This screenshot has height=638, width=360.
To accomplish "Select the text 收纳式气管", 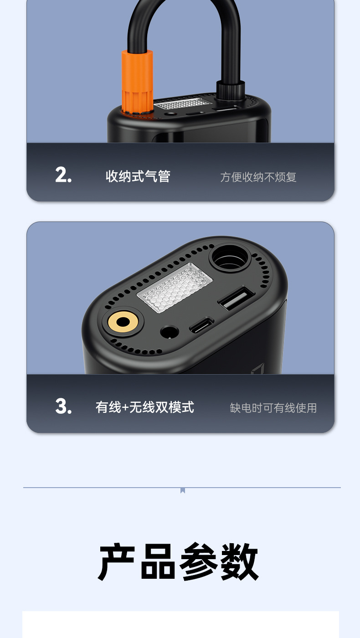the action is pyautogui.click(x=138, y=176).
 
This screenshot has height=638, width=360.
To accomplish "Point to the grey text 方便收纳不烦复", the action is pyautogui.click(x=258, y=177).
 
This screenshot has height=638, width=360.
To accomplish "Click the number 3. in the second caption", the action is pyautogui.click(x=63, y=406).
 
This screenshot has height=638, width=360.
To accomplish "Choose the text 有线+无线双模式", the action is pyautogui.click(x=145, y=407).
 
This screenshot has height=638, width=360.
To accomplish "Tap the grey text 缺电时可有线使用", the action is pyautogui.click(x=273, y=408).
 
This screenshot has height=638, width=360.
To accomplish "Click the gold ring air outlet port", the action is pyautogui.click(x=123, y=322).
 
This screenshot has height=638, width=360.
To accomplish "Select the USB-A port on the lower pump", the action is pyautogui.click(x=237, y=298).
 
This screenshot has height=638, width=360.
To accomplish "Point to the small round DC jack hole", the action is pyautogui.click(x=170, y=332).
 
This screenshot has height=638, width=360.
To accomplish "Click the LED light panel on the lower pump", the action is pyautogui.click(x=175, y=287).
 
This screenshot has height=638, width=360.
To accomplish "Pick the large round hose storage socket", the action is pyautogui.click(x=230, y=258).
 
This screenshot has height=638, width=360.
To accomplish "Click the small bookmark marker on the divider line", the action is pyautogui.click(x=183, y=490).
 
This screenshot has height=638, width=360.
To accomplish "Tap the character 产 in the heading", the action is pyautogui.click(x=116, y=561).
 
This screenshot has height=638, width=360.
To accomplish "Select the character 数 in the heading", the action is pyautogui.click(x=239, y=561).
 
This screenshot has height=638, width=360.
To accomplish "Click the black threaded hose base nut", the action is pyautogui.click(x=231, y=90).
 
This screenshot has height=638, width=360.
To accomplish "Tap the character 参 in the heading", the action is pyautogui.click(x=199, y=561).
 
